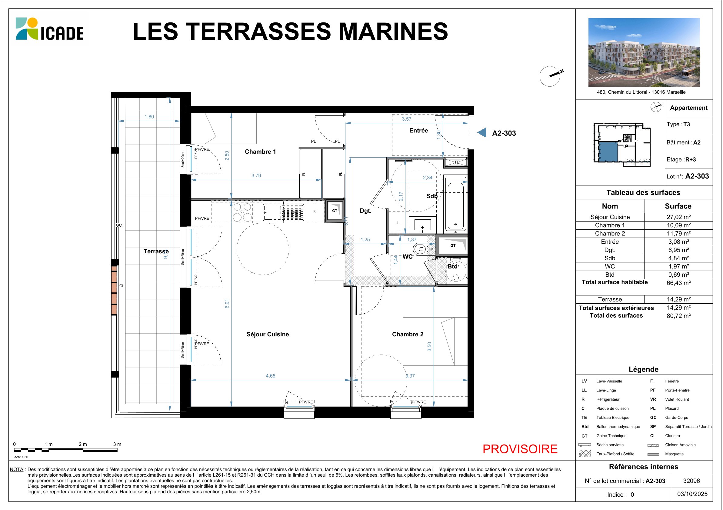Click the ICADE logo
point(49,29)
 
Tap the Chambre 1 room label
point(260,152)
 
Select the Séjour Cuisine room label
point(268,334)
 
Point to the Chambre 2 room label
point(408,334)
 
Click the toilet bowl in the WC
point(420,250)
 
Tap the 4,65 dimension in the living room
point(271,376)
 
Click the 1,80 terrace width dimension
point(149,117)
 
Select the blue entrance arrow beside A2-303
point(482,132)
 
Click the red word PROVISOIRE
point(520,449)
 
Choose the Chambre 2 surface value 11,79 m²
point(678,234)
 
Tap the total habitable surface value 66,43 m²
point(678,283)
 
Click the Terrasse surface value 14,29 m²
point(678,299)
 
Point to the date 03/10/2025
point(692,494)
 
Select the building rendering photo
point(644,52)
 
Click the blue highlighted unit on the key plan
point(608,152)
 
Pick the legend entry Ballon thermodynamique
point(618,427)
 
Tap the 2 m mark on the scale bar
point(83,444)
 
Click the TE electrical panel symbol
point(456,162)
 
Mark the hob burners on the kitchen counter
point(242,212)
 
